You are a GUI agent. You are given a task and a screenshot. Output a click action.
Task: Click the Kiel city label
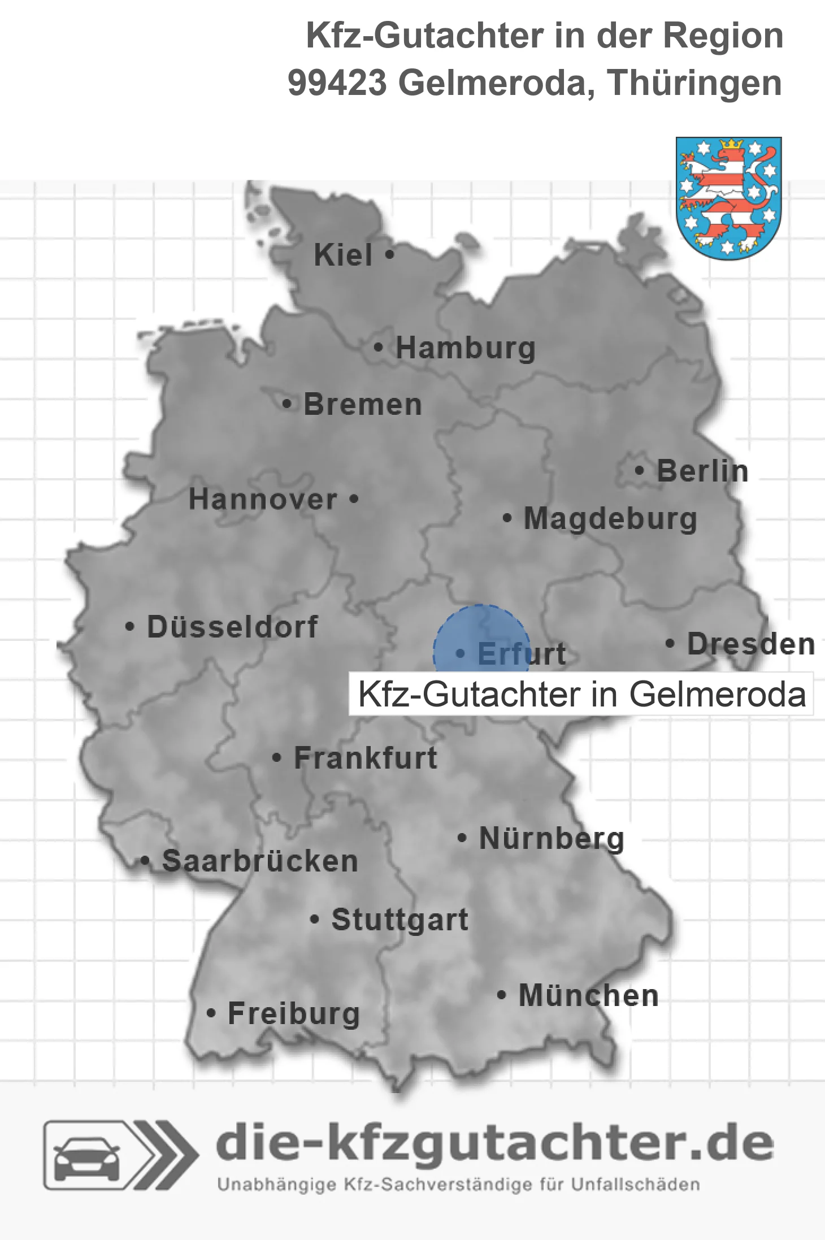point(343,255)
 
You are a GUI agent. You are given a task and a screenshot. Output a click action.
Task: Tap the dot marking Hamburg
point(378,348)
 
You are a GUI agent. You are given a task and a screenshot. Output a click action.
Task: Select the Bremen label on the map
point(363,405)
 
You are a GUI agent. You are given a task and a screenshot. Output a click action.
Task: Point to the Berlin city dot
point(639,470)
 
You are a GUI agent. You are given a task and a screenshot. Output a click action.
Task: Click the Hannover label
point(263,500)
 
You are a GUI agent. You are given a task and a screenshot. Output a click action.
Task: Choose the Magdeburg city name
point(610,518)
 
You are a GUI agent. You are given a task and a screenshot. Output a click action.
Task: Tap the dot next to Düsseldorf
point(130,626)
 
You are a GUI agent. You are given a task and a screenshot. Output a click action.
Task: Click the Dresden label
point(751,644)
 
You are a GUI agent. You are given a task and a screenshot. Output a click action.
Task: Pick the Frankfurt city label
point(366,758)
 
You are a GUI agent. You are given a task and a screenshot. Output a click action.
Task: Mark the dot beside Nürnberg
point(462,838)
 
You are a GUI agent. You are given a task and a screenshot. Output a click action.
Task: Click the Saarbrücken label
point(260,861)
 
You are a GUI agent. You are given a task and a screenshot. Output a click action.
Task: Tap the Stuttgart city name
point(400,920)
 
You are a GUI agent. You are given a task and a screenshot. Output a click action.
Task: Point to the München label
point(589,995)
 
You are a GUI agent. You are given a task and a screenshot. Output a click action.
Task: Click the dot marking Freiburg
point(211,1013)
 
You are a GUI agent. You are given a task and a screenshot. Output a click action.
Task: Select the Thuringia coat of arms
point(728,198)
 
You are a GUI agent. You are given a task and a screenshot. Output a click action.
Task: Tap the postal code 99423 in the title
point(337,83)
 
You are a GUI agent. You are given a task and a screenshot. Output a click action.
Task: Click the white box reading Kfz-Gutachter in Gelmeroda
point(581,694)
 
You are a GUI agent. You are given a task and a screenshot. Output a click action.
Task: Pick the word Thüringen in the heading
point(695,83)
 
